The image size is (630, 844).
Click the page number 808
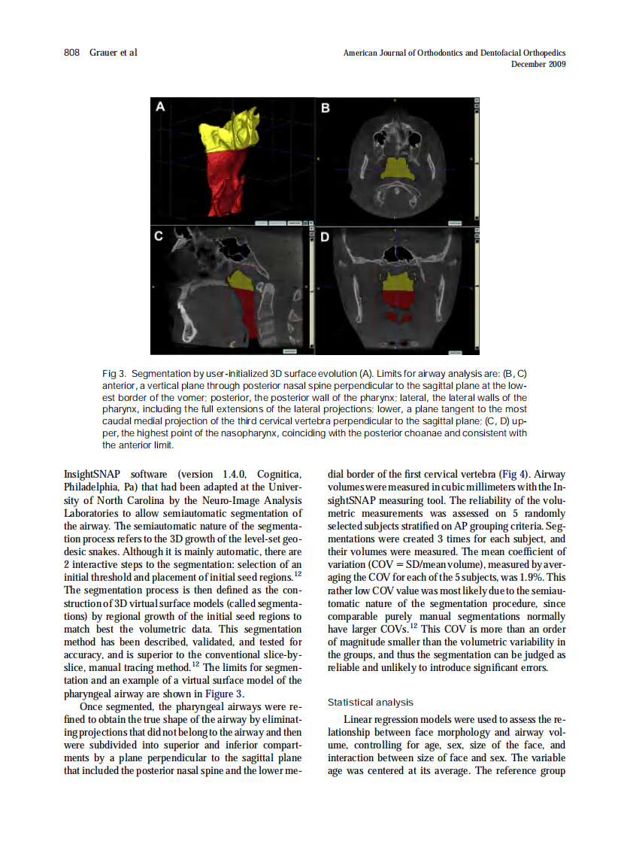click(x=72, y=53)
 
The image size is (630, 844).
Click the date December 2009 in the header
click(x=538, y=64)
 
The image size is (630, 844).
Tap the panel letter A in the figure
click(x=159, y=108)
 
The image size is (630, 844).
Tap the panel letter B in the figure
click(x=326, y=108)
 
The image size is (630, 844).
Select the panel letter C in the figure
click(x=159, y=236)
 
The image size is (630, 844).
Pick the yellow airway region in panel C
click(x=241, y=280)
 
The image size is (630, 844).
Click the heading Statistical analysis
click(x=370, y=702)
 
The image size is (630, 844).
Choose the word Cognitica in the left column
click(x=280, y=474)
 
